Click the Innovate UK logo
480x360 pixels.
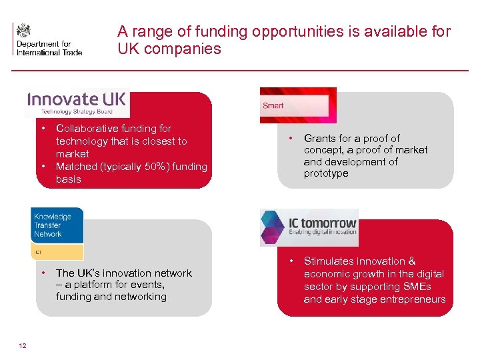pyautogui.click(x=77, y=103)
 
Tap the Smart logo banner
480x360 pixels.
pyautogui.click(x=298, y=105)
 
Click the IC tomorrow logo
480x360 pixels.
pyautogui.click(x=309, y=227)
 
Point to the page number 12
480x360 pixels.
pyautogui.click(x=23, y=344)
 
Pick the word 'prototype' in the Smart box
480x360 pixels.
pyautogui.click(x=326, y=173)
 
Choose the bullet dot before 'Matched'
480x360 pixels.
pyautogui.click(x=43, y=167)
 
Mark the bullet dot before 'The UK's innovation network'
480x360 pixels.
pyautogui.click(x=43, y=273)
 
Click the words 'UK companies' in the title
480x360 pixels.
pyautogui.click(x=169, y=49)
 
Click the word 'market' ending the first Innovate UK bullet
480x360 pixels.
pyautogui.click(x=73, y=154)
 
